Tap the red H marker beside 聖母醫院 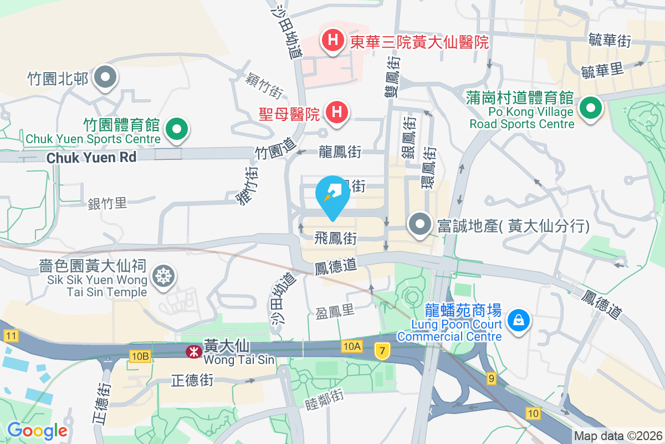pyautogui.click(x=336, y=113)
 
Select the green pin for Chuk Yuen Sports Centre pyautogui.click(x=177, y=130)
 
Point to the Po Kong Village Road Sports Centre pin pyautogui.click(x=591, y=108)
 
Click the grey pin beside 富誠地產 pyautogui.click(x=420, y=225)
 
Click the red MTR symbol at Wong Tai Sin pyautogui.click(x=193, y=351)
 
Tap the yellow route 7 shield pyautogui.click(x=381, y=350)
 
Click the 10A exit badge pyautogui.click(x=351, y=346)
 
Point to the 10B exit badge pyautogui.click(x=141, y=355)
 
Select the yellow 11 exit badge pyautogui.click(x=10, y=335)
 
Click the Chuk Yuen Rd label pyautogui.click(x=91, y=158)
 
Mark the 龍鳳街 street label pyautogui.click(x=340, y=152)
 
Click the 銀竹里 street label pyautogui.click(x=108, y=203)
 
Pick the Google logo pyautogui.click(x=37, y=430)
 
